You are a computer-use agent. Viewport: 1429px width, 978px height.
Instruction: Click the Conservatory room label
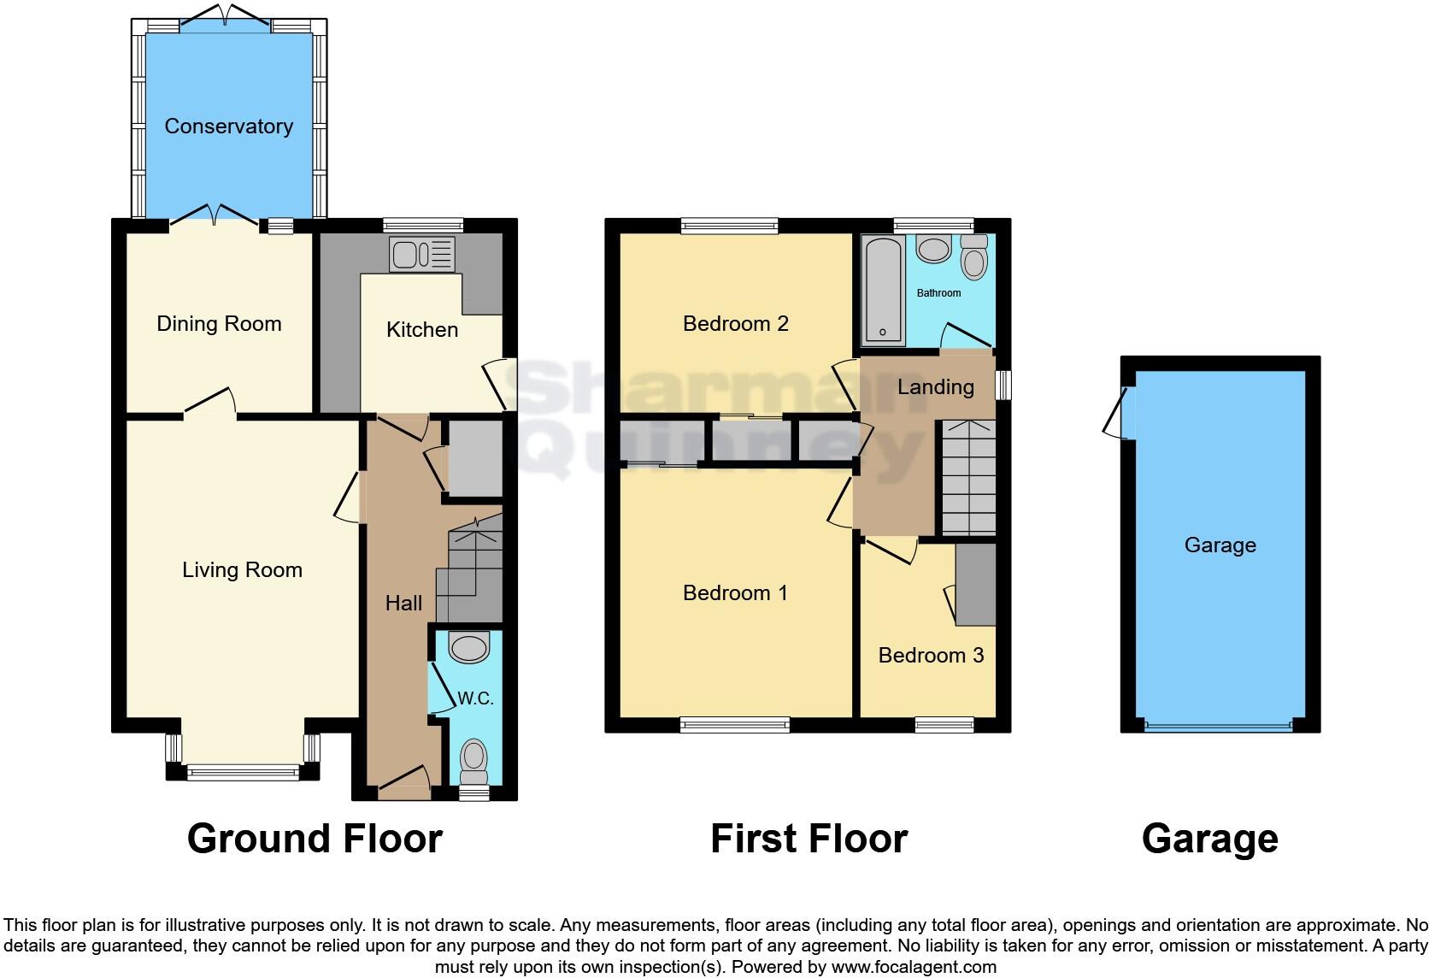(228, 127)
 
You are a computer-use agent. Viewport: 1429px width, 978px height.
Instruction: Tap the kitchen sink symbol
(421, 254)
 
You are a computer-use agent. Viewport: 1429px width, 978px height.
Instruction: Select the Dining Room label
(219, 324)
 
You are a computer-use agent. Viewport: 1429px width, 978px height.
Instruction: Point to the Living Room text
(242, 570)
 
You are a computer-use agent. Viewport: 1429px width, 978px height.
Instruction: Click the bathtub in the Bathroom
(881, 290)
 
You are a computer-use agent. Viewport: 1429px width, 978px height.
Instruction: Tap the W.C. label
(475, 698)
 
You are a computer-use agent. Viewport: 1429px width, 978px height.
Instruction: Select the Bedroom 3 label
(931, 656)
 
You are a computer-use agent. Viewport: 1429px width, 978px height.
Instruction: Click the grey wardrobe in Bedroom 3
(975, 585)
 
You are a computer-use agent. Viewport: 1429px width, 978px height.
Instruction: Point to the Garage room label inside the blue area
(1220, 545)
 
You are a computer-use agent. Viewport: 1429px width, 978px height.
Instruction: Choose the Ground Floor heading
(315, 839)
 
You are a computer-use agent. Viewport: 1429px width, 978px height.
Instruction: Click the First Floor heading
(809, 839)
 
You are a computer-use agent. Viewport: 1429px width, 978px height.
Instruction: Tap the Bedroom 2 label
(735, 324)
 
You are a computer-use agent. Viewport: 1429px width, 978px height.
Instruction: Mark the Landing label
(935, 387)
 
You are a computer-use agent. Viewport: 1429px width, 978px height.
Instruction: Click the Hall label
(403, 604)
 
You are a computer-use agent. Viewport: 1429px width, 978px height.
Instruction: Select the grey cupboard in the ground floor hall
(474, 458)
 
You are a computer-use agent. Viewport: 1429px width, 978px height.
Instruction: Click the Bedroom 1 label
(735, 593)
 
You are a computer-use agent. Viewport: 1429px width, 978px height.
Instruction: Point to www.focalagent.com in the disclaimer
(914, 968)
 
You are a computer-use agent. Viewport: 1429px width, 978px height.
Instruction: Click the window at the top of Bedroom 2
(730, 226)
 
